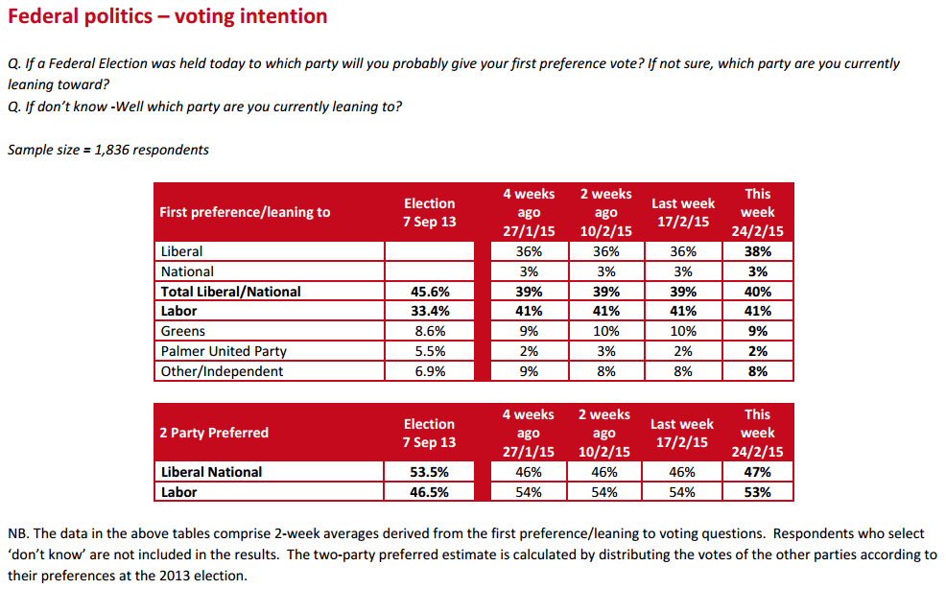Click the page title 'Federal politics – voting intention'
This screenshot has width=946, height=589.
(x=168, y=16)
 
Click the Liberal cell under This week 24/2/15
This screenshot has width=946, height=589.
(x=757, y=251)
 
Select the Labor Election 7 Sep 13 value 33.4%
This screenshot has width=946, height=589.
(x=429, y=311)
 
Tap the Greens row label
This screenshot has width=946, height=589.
(x=183, y=331)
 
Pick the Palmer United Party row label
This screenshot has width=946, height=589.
(x=224, y=351)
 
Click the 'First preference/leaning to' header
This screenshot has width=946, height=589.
(x=245, y=212)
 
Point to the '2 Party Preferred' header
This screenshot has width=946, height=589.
(x=214, y=433)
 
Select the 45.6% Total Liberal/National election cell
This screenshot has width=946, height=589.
(x=429, y=292)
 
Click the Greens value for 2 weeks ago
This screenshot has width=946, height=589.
(x=605, y=331)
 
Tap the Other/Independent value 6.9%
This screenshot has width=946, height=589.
(x=429, y=371)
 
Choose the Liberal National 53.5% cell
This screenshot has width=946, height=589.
(x=429, y=472)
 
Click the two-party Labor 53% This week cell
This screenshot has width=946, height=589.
(x=757, y=492)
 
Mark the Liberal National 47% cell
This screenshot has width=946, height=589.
(x=757, y=472)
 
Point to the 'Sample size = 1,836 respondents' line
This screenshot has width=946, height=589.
(x=108, y=150)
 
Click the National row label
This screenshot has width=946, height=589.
(x=188, y=271)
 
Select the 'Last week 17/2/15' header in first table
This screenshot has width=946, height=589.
(x=683, y=212)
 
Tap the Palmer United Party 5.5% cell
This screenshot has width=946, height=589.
(x=429, y=351)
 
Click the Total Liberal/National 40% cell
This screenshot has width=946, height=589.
(x=757, y=292)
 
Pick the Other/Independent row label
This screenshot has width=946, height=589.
(x=223, y=371)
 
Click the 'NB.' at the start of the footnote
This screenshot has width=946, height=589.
(x=18, y=533)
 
